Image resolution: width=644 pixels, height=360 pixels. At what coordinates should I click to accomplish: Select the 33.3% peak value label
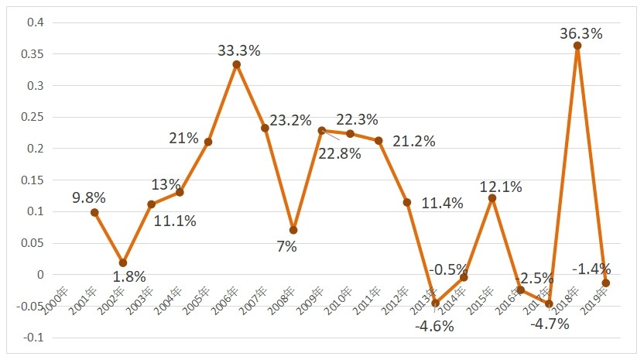(239, 51)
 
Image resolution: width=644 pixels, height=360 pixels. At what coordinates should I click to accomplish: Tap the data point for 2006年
(237, 64)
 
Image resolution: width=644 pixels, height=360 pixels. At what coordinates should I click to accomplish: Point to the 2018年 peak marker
(577, 46)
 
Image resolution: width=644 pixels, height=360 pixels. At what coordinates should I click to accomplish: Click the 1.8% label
(130, 276)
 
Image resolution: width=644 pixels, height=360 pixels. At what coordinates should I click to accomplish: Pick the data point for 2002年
(123, 263)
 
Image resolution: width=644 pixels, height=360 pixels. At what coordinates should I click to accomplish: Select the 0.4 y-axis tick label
(36, 22)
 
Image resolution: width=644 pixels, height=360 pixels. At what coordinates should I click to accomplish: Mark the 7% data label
(286, 246)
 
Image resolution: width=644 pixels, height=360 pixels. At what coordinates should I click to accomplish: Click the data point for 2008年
(293, 230)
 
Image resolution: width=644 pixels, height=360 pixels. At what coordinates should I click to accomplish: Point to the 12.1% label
(501, 187)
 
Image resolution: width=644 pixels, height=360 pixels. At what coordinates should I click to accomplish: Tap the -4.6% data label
(434, 326)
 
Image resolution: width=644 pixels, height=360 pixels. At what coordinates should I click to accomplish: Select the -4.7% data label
(549, 324)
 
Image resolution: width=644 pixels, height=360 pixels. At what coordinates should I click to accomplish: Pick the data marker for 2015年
(492, 198)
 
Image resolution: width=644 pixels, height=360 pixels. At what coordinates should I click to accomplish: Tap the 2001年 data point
(94, 212)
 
